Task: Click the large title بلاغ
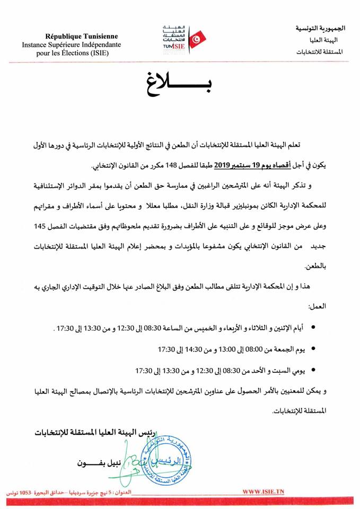click(181, 85)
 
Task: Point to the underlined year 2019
click(222, 164)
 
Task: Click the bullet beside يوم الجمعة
click(313, 349)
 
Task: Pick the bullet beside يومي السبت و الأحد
click(313, 369)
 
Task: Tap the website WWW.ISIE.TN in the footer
click(264, 492)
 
